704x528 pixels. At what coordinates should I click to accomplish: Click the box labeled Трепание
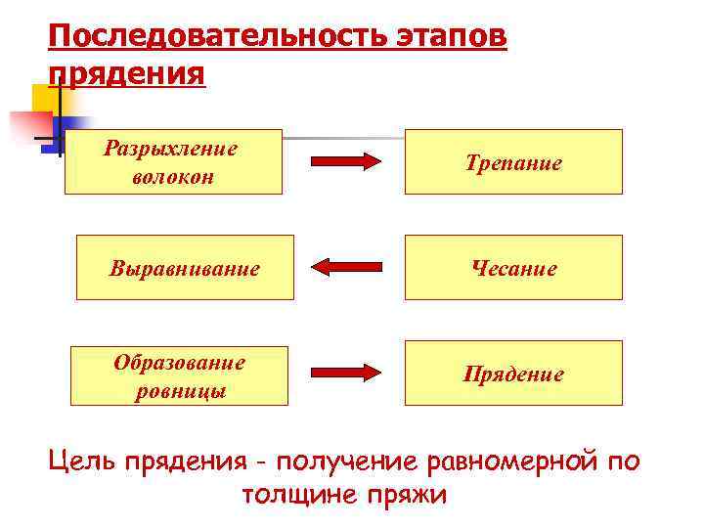click(x=513, y=162)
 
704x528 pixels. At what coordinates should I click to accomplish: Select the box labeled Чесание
click(x=513, y=267)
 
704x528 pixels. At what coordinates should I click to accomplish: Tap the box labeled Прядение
click(x=513, y=373)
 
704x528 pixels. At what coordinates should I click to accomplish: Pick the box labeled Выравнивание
click(x=185, y=267)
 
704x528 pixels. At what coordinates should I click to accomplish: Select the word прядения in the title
click(x=127, y=74)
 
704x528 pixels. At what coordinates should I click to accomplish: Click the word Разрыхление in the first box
click(x=172, y=150)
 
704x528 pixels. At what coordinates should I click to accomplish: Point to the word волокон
click(x=172, y=178)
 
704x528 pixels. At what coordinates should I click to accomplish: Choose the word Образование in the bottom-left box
click(x=180, y=363)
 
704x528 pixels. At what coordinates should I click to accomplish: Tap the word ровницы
click(x=180, y=391)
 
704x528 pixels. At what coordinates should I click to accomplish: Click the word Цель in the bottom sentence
click(x=82, y=460)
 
